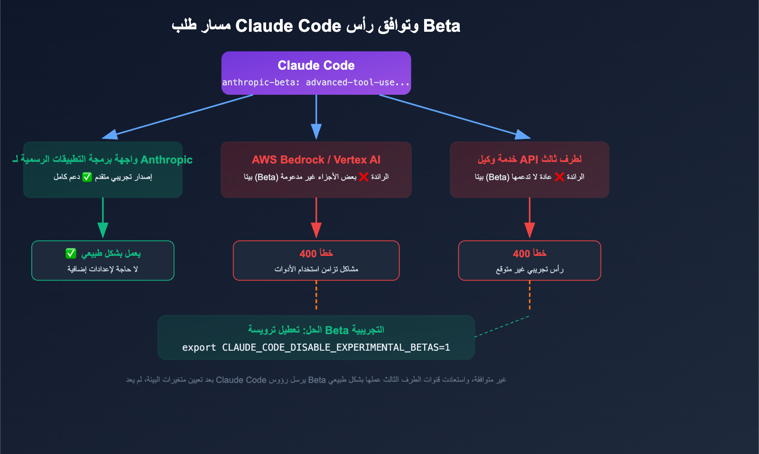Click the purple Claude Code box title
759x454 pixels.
pos(316,65)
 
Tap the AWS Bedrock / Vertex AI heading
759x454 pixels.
pos(316,160)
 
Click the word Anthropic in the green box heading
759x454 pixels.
pos(167,160)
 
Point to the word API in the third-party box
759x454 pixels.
pos(529,160)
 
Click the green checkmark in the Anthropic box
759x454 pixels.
pos(87,177)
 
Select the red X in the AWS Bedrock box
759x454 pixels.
pos(363,177)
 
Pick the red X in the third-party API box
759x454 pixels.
pos(559,177)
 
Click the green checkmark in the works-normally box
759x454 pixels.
pos(71,254)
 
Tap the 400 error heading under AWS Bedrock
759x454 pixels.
pos(316,254)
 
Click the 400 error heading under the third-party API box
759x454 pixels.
pos(529,254)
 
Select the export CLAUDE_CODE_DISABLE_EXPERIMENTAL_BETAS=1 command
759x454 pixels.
pos(316,347)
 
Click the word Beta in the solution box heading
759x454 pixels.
pos(337,330)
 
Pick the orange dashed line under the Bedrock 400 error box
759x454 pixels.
pos(316,295)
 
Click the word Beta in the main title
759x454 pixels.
pos(442,26)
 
